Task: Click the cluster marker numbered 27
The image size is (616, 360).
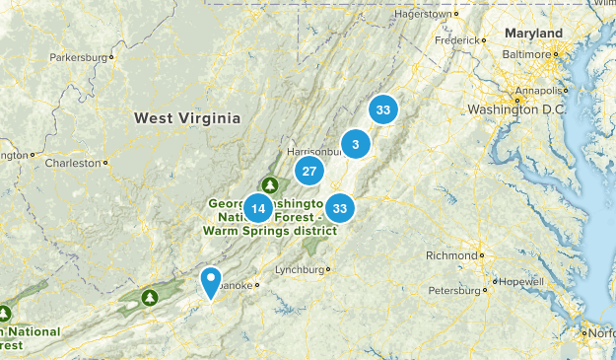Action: click(x=309, y=171)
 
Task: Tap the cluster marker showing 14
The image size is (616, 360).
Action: click(x=258, y=208)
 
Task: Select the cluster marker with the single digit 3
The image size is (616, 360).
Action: click(x=355, y=145)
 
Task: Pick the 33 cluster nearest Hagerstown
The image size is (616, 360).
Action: click(x=382, y=109)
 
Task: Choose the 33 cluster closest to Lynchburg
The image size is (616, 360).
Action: click(x=340, y=208)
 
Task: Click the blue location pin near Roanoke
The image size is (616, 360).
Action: click(x=210, y=281)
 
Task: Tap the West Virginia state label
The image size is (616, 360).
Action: click(x=187, y=117)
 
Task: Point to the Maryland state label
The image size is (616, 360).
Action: click(x=533, y=34)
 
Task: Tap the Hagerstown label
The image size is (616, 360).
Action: click(x=423, y=15)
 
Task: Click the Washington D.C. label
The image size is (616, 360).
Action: click(x=515, y=108)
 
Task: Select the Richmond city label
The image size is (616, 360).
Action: click(x=451, y=255)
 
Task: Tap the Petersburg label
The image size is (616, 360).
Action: click(x=454, y=290)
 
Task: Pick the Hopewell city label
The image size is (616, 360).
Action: click(x=521, y=281)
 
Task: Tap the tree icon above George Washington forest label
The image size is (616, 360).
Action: click(x=270, y=184)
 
